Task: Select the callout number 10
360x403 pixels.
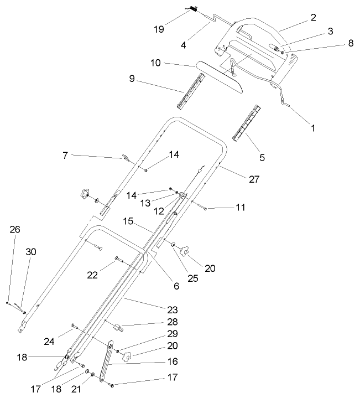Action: click(x=155, y=63)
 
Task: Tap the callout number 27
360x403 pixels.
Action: click(x=254, y=179)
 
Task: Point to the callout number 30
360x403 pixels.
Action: click(x=31, y=252)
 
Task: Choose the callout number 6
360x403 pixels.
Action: click(x=176, y=286)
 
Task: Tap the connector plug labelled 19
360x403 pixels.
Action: click(x=194, y=9)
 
